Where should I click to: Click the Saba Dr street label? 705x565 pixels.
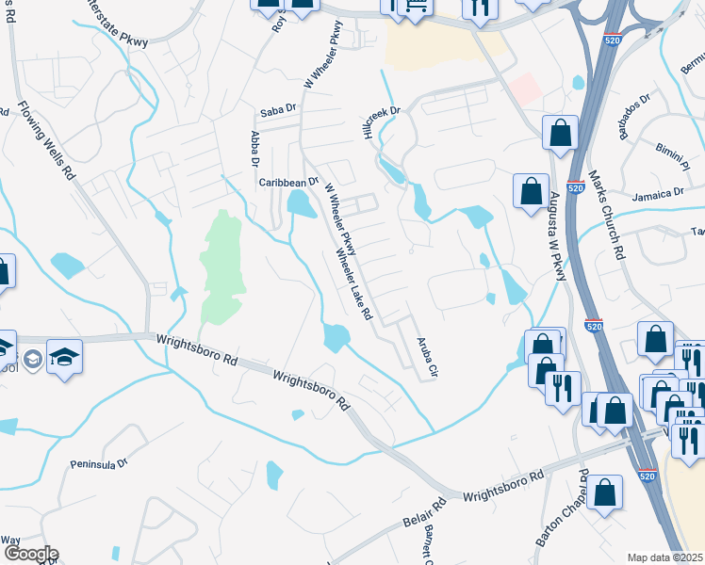[x=277, y=110]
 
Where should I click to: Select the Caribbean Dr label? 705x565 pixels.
[x=289, y=181]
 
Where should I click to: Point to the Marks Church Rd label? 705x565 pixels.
[x=605, y=215]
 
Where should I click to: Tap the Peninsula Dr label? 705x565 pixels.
[x=98, y=464]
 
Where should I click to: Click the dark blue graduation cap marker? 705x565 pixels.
[x=64, y=356]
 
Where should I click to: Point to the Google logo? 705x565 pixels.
[x=30, y=554]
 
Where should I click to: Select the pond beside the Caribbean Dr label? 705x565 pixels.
[x=300, y=202]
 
